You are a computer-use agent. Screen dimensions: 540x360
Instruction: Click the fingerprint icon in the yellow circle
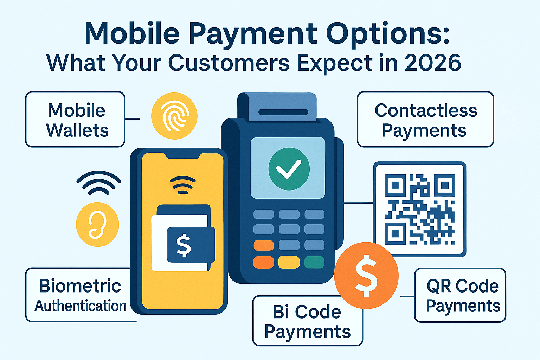(x=174, y=116)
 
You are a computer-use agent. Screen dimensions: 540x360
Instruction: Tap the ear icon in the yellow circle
(x=97, y=224)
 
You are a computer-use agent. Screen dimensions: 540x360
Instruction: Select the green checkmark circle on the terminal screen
(x=289, y=169)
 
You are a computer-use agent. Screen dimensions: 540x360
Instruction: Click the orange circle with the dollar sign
(x=366, y=275)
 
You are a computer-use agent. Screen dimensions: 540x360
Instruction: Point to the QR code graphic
(x=420, y=209)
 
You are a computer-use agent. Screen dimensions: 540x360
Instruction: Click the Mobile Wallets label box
(x=75, y=120)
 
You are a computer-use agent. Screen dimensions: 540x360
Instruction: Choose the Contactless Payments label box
(x=425, y=120)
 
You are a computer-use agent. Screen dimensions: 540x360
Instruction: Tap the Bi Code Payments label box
(x=308, y=321)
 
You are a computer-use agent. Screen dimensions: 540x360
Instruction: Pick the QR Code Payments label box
(x=460, y=295)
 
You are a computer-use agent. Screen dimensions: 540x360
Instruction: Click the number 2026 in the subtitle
(x=433, y=63)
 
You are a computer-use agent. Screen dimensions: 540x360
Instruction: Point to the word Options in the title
(x=388, y=33)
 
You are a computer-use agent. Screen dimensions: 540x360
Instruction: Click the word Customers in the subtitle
(x=229, y=63)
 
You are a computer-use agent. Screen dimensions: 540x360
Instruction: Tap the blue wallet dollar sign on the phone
(x=184, y=245)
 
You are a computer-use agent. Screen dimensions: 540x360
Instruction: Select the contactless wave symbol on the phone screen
(x=183, y=185)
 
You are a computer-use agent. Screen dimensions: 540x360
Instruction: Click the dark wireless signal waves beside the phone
(x=98, y=182)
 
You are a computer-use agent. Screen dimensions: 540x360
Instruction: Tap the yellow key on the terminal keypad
(x=289, y=262)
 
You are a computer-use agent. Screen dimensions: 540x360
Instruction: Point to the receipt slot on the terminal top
(x=283, y=112)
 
